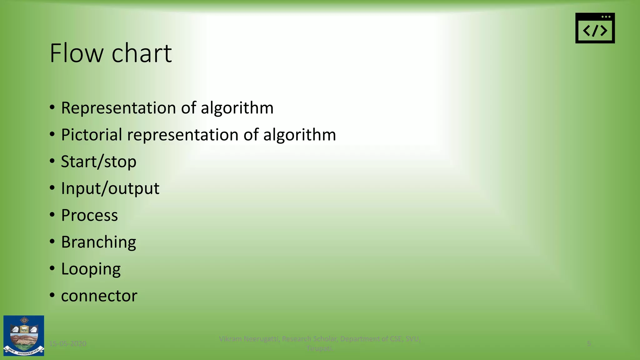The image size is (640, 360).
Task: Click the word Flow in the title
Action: (76, 53)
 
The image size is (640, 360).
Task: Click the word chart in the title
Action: (142, 53)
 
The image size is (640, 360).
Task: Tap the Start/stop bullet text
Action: (98, 162)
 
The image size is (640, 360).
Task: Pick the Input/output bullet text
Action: (110, 189)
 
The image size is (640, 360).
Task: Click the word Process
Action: (89, 215)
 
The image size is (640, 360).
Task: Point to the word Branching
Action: (98, 242)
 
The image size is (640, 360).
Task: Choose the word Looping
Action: (91, 269)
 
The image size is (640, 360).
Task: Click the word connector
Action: (99, 296)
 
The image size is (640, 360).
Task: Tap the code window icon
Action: (595, 28)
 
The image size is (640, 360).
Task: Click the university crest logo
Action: (24, 336)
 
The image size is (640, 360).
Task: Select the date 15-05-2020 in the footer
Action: (68, 344)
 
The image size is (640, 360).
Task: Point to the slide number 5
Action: (589, 344)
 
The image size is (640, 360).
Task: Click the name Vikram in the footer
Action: (230, 339)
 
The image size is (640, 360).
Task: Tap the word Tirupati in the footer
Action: (319, 348)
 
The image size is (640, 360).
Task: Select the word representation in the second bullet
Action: (183, 135)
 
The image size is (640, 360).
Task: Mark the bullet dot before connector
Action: (52, 295)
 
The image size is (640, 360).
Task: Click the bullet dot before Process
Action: (52, 214)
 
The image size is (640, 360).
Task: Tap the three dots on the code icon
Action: (606, 17)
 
